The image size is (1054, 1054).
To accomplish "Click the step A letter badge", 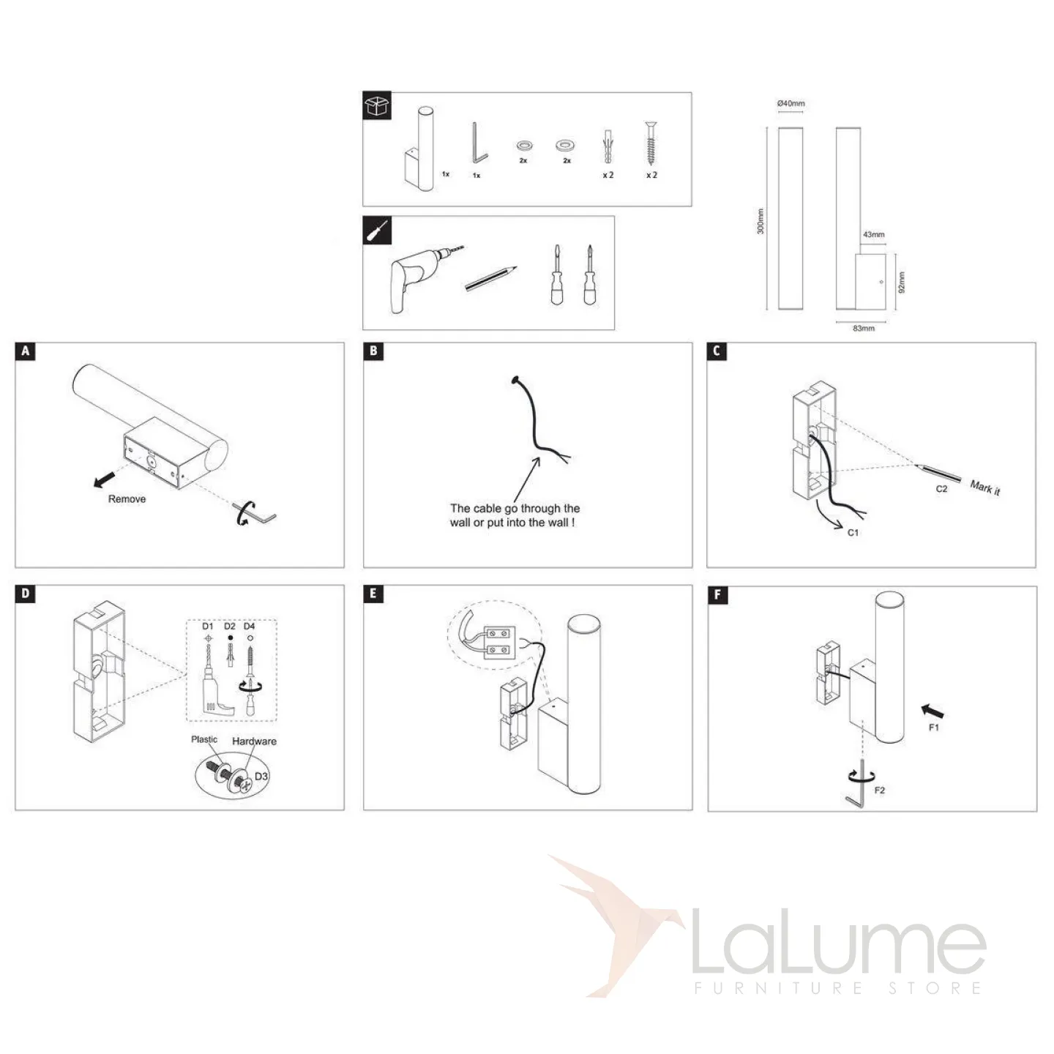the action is [x=25, y=351].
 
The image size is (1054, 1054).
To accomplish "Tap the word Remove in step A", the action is [x=127, y=499].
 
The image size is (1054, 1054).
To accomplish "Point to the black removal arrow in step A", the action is [x=105, y=479].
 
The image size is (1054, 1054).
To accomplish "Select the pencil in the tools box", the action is [x=490, y=278].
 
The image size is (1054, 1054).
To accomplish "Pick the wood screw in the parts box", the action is [x=651, y=143].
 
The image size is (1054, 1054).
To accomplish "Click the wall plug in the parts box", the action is [x=607, y=146].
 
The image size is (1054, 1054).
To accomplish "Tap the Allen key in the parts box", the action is [x=479, y=143].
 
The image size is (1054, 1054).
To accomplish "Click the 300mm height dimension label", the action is [x=760, y=221].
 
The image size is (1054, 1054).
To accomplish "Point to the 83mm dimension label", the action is [x=864, y=328].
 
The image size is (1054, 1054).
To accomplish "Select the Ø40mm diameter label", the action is [x=791, y=103].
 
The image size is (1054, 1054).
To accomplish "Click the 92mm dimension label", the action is [x=902, y=283].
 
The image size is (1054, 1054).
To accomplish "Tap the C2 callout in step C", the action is [x=941, y=489].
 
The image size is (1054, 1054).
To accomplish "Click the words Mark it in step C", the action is [x=985, y=487].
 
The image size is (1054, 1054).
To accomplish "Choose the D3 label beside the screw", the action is [x=261, y=776].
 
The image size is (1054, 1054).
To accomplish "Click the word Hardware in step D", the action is [x=254, y=741].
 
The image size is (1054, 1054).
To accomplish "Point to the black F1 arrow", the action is [x=932, y=711].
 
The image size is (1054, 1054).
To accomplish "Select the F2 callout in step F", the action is [x=880, y=790].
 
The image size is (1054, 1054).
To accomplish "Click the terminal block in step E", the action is [x=498, y=642].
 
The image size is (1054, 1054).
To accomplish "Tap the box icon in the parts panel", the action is [x=377, y=105].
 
